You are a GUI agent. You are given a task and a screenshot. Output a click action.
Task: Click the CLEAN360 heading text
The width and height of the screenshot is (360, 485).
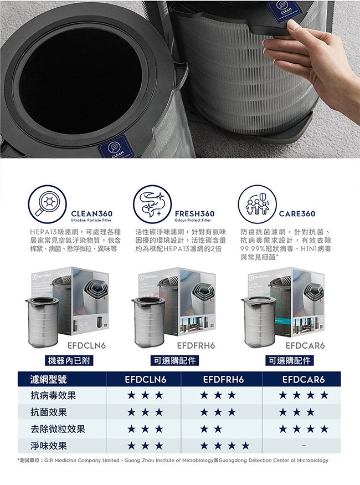pyautogui.click(x=91, y=213)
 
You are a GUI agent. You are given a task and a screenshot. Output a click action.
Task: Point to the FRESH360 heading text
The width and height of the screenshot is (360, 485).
pyautogui.click(x=194, y=213)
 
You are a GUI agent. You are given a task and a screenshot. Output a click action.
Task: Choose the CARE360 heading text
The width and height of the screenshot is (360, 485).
pyautogui.click(x=297, y=213)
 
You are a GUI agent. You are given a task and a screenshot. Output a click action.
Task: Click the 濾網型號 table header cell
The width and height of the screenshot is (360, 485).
pyautogui.click(x=49, y=379)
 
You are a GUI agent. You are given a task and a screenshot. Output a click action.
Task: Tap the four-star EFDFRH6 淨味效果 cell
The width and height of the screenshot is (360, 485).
pyautogui.click(x=224, y=445)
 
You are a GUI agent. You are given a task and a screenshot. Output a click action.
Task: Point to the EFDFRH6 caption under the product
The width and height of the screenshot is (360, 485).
pyautogui.click(x=194, y=345)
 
